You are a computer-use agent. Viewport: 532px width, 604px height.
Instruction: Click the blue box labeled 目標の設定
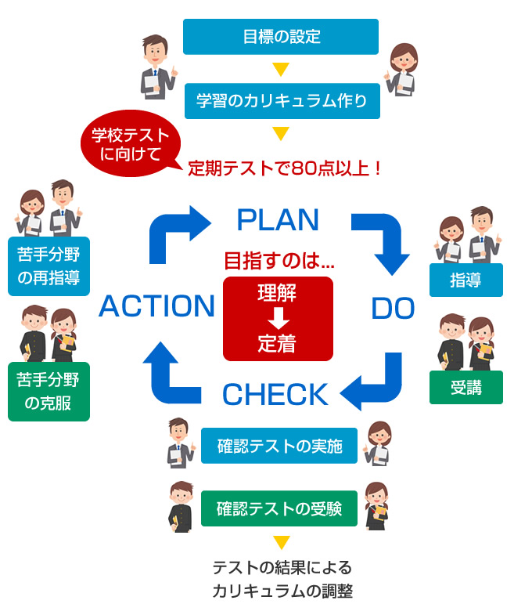(x=280, y=37)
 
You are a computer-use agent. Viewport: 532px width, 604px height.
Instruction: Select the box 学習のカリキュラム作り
(x=282, y=101)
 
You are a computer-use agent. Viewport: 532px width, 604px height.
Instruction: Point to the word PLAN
(x=278, y=220)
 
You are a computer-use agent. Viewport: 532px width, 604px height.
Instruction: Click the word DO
(x=393, y=309)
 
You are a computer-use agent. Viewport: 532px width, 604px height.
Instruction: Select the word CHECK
(x=275, y=394)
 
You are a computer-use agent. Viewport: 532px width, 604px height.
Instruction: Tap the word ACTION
(x=156, y=306)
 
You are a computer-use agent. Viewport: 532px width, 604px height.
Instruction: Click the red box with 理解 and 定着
(x=278, y=318)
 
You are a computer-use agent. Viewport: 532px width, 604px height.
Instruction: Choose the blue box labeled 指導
(x=465, y=280)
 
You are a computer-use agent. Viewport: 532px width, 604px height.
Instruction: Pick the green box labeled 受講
(x=465, y=387)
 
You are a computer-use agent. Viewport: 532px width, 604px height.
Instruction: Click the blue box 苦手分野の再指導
(x=49, y=266)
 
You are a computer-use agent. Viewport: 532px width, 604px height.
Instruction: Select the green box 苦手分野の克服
(x=49, y=391)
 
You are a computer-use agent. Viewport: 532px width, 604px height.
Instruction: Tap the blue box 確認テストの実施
(x=279, y=446)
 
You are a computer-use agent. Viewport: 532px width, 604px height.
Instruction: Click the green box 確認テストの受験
(x=279, y=508)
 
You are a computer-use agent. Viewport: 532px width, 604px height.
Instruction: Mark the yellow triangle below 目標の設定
(x=281, y=69)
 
